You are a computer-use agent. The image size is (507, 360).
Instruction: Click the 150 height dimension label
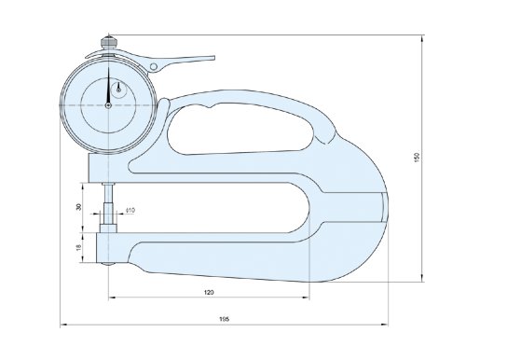tap(417, 158)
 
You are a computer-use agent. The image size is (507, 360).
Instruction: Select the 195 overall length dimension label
tap(224, 319)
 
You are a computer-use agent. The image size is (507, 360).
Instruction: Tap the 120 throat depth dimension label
tap(209, 293)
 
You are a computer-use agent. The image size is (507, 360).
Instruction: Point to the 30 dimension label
tap(78, 207)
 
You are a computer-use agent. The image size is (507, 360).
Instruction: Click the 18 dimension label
tap(78, 247)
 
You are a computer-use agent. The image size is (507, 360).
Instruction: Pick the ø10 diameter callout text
tap(130, 210)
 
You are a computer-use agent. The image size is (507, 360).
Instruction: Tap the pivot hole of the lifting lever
tap(154, 67)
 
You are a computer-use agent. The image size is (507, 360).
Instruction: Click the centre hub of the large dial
tap(109, 105)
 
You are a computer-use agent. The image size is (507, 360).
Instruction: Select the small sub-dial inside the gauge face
tap(118, 90)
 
